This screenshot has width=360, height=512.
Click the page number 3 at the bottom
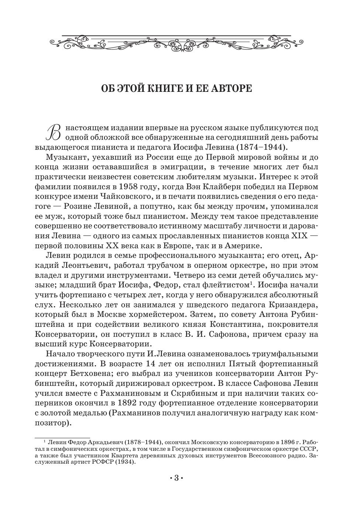tap(176, 479)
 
